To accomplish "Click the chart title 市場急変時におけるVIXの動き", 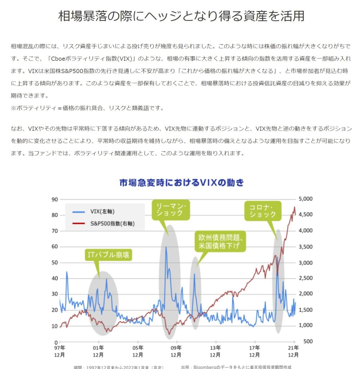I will [182, 183].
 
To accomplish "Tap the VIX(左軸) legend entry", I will [103, 212].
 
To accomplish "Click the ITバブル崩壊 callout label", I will [108, 255].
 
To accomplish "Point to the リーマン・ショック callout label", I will [171, 210].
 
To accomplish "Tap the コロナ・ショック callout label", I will [262, 210].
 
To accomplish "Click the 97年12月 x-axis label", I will [60, 351].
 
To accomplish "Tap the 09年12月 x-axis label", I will [176, 351].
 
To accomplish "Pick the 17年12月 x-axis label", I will [255, 351].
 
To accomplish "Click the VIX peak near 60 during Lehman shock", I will [166, 247].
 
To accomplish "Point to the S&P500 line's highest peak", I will [294, 207].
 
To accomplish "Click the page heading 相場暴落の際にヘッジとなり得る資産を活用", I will [181, 16].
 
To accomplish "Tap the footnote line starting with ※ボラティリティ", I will [87, 108].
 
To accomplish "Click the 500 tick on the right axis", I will [306, 341].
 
